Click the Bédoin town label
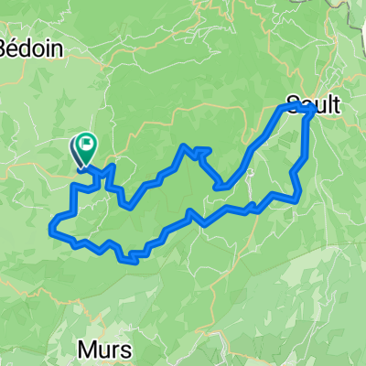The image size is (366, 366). pos(35,49)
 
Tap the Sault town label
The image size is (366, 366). pos(313,104)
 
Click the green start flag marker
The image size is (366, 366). pos(87,144)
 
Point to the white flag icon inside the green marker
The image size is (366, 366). pos(89,142)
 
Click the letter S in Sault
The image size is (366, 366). pos(292,104)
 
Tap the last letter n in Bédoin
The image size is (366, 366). pos(59,49)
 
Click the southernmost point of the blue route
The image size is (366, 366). pos(134,262)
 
